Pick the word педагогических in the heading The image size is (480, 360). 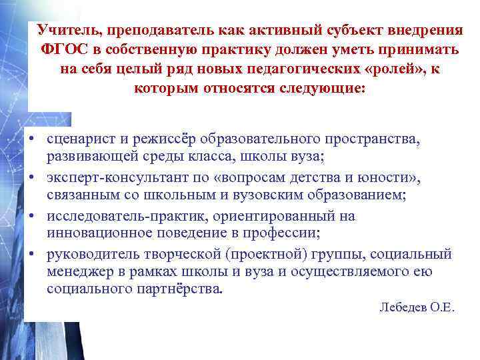click(x=307, y=70)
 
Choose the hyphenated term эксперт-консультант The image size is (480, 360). click(x=123, y=177)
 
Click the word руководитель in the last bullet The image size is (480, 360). click(x=89, y=254)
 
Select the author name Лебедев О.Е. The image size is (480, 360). click(x=416, y=307)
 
